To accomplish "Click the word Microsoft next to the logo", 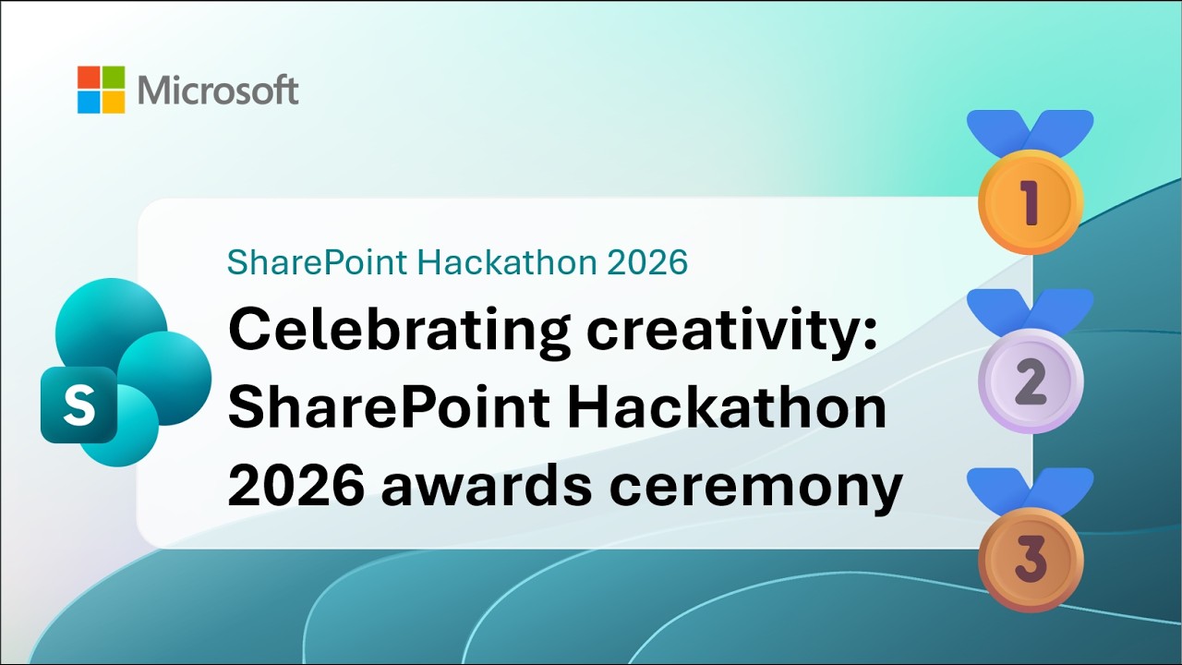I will (x=218, y=91).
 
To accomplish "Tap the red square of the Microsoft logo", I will (x=89, y=77).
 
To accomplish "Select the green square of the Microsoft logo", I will (x=113, y=77).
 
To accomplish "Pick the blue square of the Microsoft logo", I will (x=89, y=102).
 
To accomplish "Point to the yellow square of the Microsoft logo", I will (x=113, y=102).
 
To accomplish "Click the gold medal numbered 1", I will (x=1030, y=202).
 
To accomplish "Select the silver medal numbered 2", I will (x=1030, y=381).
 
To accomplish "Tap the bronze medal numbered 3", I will (x=1030, y=559).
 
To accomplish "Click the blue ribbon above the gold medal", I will (x=1030, y=129).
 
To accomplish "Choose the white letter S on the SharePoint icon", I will (x=78, y=405).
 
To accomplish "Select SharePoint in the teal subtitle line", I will (x=317, y=262).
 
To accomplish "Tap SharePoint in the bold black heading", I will (x=389, y=408).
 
